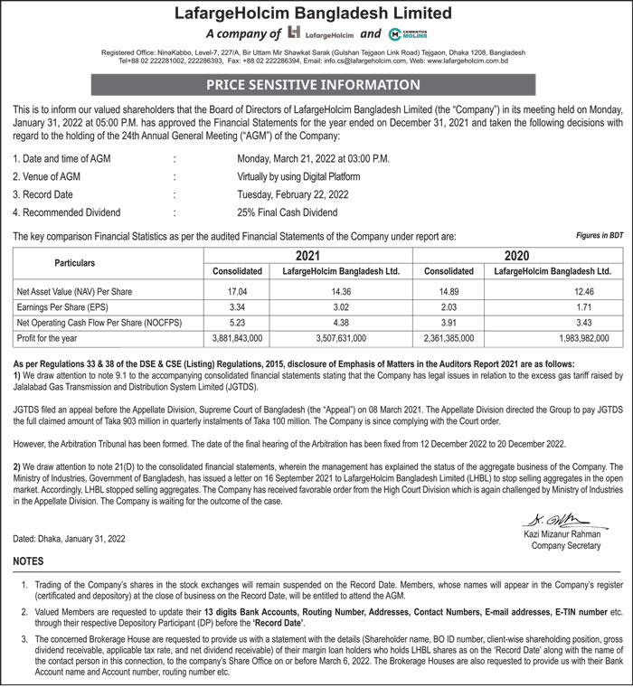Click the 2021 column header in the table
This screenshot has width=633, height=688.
click(x=308, y=255)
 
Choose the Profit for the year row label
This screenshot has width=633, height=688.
click(x=48, y=338)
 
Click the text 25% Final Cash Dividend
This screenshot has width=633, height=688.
click(x=287, y=212)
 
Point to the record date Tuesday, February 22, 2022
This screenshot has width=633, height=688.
click(x=292, y=194)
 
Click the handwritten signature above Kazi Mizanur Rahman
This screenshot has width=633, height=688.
click(x=553, y=521)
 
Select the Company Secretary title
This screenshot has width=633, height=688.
click(x=565, y=545)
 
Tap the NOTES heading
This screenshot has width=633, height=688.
click(x=28, y=561)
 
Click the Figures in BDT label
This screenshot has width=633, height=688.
click(x=600, y=235)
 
